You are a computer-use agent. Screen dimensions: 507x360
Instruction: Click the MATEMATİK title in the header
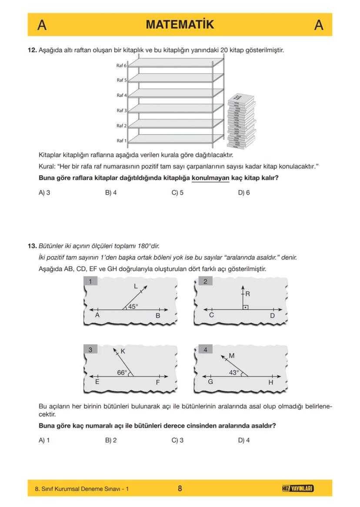[180, 25]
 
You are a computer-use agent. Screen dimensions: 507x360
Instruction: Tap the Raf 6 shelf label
[121, 66]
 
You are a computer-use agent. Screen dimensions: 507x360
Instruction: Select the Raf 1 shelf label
[121, 141]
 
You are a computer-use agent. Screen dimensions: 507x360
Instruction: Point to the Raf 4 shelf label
[121, 95]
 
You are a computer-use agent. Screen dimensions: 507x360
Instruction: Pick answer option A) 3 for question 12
[44, 192]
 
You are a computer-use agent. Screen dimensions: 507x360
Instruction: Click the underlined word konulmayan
[210, 178]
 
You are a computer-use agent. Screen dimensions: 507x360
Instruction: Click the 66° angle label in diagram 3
[122, 372]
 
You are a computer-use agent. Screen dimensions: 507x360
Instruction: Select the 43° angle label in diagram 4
[234, 372]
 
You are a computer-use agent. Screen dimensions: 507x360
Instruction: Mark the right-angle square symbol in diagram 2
[246, 307]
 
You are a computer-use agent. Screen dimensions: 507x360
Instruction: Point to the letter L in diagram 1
[136, 286]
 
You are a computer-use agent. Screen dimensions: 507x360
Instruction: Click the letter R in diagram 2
[247, 294]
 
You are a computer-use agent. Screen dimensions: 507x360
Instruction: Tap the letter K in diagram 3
[123, 351]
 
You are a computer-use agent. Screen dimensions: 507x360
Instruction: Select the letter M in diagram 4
[231, 355]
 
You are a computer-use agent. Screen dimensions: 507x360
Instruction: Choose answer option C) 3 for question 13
[177, 440]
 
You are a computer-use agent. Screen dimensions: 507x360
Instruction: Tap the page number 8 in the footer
[180, 489]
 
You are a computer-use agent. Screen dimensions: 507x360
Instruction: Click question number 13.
[32, 245]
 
